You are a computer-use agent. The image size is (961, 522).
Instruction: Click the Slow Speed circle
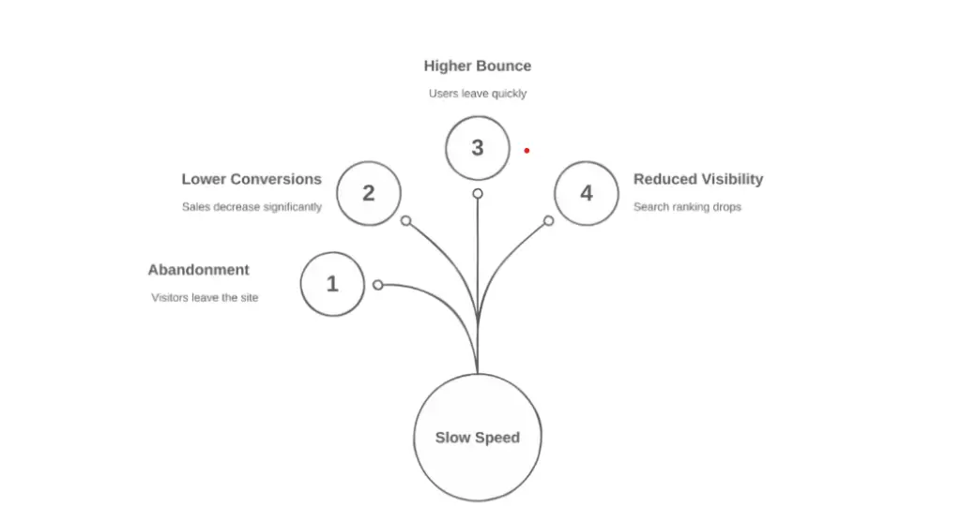click(x=478, y=438)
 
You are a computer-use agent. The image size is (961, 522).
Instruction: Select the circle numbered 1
click(x=332, y=284)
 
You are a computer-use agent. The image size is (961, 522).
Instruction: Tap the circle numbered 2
click(x=369, y=193)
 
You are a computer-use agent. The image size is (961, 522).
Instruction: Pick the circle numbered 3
click(x=478, y=147)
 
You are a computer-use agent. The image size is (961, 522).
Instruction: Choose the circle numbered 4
click(x=587, y=193)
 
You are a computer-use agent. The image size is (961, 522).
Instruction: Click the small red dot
click(x=526, y=150)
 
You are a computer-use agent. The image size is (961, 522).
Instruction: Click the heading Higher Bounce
click(x=477, y=66)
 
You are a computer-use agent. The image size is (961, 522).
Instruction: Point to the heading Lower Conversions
click(x=252, y=179)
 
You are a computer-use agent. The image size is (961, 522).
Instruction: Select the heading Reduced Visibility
click(x=698, y=179)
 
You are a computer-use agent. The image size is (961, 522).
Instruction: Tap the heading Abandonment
click(x=198, y=270)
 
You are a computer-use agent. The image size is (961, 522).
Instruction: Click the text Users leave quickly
click(x=478, y=94)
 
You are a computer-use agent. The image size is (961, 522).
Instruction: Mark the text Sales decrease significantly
click(x=252, y=207)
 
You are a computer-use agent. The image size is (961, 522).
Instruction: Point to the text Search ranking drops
click(x=687, y=207)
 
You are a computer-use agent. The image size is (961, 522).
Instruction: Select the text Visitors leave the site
click(x=205, y=298)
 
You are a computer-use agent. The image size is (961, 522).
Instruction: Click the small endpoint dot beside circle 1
click(x=378, y=285)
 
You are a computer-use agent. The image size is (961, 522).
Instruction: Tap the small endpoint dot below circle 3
click(x=478, y=193)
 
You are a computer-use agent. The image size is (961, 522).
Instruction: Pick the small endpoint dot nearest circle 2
click(x=406, y=221)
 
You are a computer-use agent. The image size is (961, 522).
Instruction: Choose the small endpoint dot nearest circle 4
click(x=549, y=221)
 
